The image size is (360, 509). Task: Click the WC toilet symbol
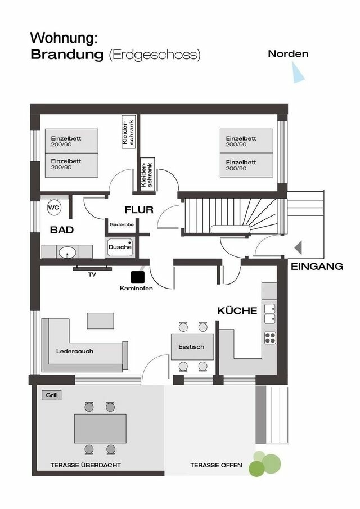(x=54, y=208)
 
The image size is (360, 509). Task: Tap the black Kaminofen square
(x=137, y=277)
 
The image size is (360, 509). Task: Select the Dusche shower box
(x=119, y=246)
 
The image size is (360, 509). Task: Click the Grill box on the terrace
(x=52, y=395)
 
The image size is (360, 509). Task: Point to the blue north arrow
(x=298, y=73)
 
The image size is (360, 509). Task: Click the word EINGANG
(x=317, y=267)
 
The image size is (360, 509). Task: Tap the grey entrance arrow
(x=298, y=247)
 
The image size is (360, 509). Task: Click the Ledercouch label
(x=75, y=351)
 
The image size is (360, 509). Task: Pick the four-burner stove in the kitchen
(x=270, y=337)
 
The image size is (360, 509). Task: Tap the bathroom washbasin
(x=68, y=251)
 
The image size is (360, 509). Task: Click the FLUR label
(x=139, y=210)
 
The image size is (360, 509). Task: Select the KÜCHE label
(x=237, y=310)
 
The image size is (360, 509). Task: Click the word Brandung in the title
(x=67, y=55)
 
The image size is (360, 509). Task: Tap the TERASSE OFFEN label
(x=216, y=465)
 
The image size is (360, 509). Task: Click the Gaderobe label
(x=121, y=224)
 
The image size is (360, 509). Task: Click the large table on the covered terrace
(x=101, y=427)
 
